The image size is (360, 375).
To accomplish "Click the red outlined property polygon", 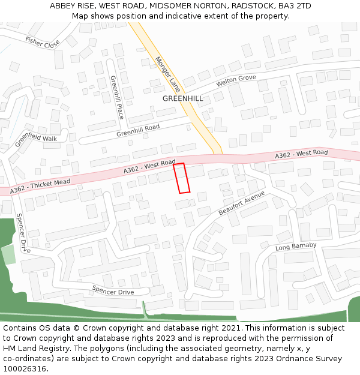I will [182, 178].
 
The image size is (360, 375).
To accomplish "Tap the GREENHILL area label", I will [182, 98].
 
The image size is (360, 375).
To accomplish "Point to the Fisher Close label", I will [42, 43].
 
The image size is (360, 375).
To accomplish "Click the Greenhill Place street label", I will [117, 97].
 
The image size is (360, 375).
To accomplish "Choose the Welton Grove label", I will [236, 80].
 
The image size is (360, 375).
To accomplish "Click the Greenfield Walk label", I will [35, 139].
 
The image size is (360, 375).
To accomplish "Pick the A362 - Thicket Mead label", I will [40, 186].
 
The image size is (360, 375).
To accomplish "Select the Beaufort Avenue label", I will [241, 203].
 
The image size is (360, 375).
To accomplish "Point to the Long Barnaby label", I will [296, 246].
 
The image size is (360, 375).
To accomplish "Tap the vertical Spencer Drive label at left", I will [23, 233].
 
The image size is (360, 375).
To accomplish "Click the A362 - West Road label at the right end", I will [301, 154].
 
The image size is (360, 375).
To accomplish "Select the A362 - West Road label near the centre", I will [149, 167].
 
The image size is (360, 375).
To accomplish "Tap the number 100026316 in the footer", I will [25, 368].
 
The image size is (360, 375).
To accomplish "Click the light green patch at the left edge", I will [8, 254].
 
